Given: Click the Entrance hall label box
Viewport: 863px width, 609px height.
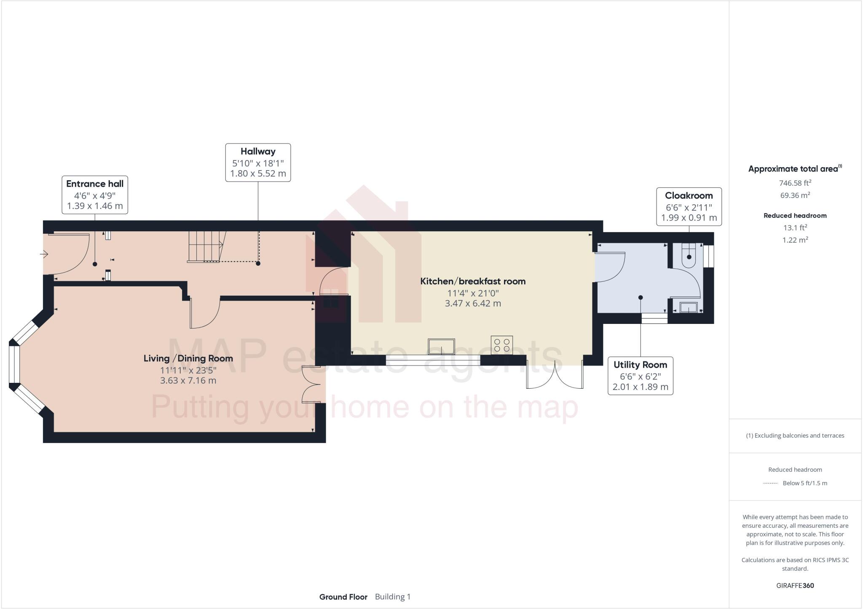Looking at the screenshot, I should (95, 195).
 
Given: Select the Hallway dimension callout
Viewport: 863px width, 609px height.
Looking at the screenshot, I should (258, 163).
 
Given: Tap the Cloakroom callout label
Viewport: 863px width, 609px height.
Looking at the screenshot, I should (689, 207).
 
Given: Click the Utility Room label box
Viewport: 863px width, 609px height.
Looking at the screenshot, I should (640, 376).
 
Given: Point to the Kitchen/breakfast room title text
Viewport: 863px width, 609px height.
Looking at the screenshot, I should (473, 281).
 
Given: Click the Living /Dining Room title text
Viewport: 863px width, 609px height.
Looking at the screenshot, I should (188, 358).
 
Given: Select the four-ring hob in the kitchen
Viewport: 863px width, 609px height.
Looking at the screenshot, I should (501, 345).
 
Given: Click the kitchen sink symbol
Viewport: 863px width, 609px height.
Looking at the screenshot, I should (441, 347).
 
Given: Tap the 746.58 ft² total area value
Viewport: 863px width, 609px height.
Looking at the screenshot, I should (795, 183).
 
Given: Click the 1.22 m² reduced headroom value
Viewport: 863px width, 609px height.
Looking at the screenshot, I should (795, 240).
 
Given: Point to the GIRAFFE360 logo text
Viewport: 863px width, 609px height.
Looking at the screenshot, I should (795, 585).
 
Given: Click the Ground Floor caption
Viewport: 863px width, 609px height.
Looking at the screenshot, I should (343, 597).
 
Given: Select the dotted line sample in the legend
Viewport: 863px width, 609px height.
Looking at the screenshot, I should (770, 483).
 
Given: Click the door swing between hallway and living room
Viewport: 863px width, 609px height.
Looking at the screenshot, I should (206, 314).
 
